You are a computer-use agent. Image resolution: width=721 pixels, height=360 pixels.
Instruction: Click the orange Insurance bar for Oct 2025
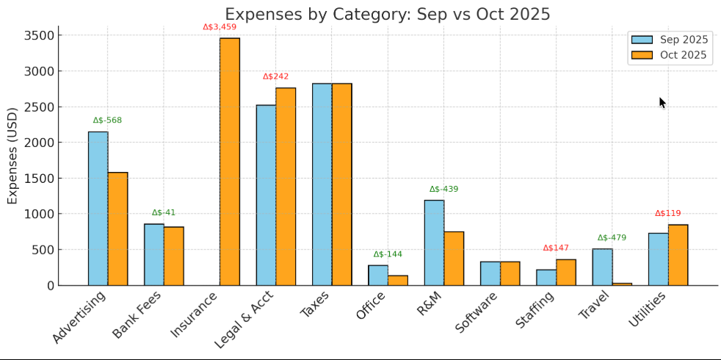pos(229,162)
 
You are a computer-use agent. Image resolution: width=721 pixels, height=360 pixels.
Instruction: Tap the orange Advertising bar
pos(117,228)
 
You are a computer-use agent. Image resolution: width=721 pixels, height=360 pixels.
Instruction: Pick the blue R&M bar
pos(434,242)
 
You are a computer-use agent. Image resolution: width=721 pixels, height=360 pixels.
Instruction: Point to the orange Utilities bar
pos(678,255)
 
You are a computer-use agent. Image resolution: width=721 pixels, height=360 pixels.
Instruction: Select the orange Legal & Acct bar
pos(286,187)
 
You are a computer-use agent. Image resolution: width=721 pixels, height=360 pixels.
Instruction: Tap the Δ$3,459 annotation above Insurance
pos(220,27)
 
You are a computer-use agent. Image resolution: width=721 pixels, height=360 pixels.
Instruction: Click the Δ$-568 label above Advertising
pos(107,120)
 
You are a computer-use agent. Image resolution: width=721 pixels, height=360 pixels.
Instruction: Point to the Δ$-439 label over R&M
pos(443,190)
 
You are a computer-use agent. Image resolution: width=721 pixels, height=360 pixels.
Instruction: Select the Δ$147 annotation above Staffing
pos(556,248)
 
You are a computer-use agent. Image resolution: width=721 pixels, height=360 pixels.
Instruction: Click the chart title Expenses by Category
pos(387,15)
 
